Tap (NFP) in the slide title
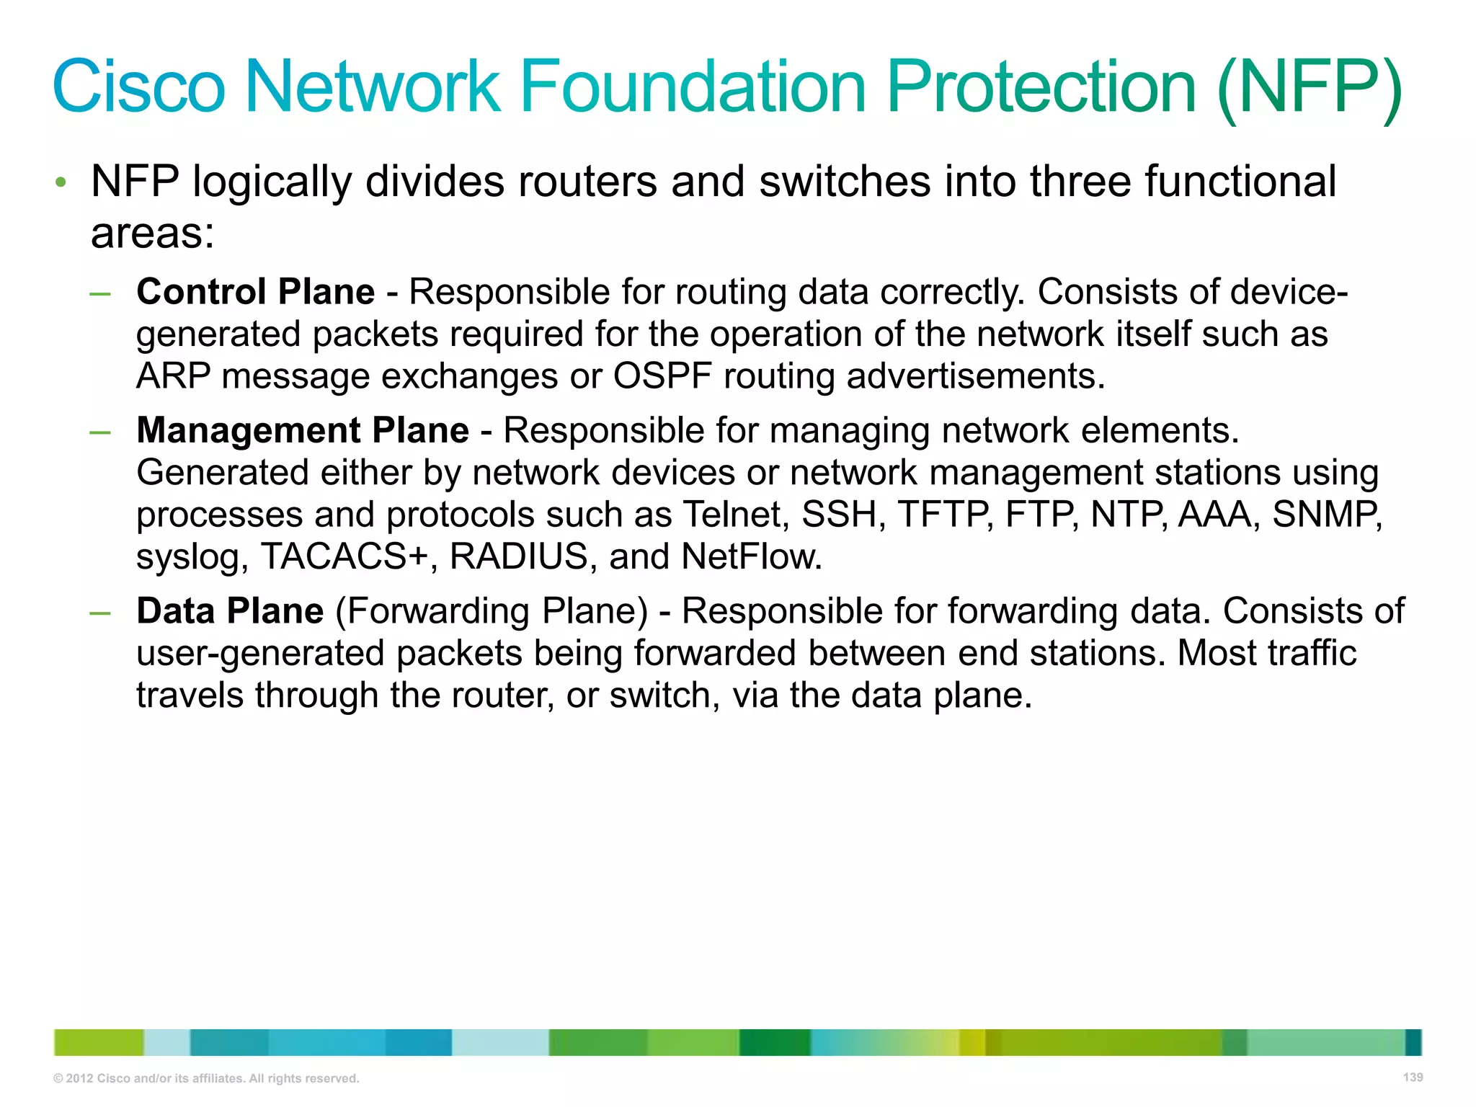(x=1309, y=88)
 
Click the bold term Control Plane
(x=256, y=292)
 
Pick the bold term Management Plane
(x=303, y=430)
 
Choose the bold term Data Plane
(x=230, y=611)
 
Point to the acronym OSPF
(x=662, y=376)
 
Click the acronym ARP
(x=174, y=376)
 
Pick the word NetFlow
(x=751, y=556)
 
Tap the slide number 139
(x=1413, y=1077)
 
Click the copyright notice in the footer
(x=206, y=1078)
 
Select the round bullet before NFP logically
(x=61, y=182)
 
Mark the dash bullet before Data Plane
(x=100, y=613)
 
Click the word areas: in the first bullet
(x=153, y=234)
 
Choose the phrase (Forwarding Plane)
(x=492, y=611)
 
